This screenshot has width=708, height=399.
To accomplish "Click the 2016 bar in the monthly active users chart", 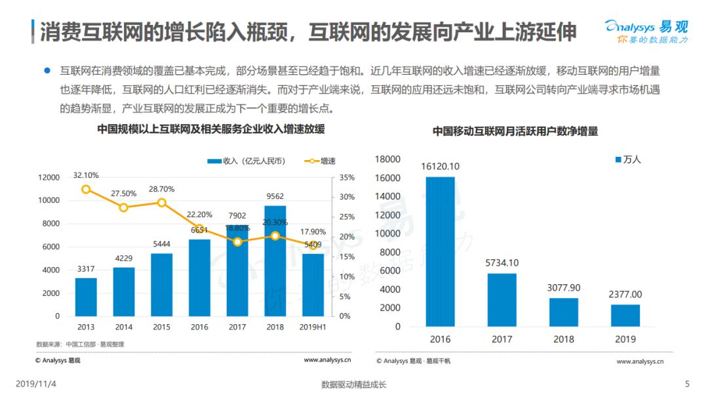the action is (x=441, y=251).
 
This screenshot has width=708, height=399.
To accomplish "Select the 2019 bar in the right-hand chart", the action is (x=625, y=316).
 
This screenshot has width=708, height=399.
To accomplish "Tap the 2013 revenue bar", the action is (x=86, y=297).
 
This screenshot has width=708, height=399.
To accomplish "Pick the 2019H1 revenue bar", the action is (x=313, y=285).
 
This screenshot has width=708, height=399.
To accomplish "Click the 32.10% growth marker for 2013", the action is (x=86, y=190).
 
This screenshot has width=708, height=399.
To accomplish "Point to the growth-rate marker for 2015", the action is (x=162, y=203).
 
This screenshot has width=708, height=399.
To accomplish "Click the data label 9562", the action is (x=275, y=196).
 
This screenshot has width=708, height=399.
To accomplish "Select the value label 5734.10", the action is (x=501, y=263).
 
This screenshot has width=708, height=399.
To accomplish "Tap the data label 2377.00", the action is (x=625, y=295).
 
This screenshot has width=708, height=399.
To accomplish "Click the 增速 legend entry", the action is (x=320, y=161).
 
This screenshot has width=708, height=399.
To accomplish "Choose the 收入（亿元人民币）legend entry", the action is (x=246, y=161).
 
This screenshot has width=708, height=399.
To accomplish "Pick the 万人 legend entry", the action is (x=628, y=159).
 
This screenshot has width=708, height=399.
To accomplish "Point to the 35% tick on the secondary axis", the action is (x=347, y=178).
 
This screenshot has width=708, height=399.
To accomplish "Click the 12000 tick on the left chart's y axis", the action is (x=49, y=178).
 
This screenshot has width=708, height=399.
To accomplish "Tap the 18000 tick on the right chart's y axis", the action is (x=387, y=159).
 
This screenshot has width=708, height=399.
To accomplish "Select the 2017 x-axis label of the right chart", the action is (x=501, y=339).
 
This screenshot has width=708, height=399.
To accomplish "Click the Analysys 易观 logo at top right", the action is (x=646, y=31).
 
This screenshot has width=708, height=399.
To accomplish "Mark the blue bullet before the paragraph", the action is (x=47, y=70).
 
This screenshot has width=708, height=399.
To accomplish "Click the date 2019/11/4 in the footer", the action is (x=36, y=384).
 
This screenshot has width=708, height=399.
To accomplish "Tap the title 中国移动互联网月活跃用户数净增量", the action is (x=515, y=131).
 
